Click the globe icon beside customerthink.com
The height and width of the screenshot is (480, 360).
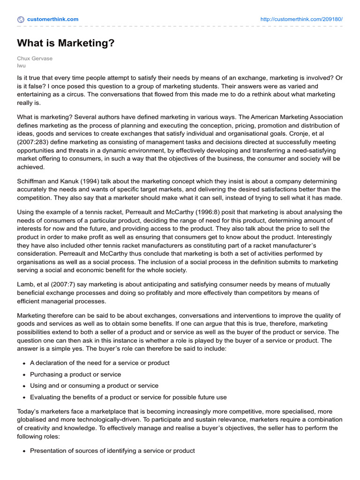[x=21, y=19]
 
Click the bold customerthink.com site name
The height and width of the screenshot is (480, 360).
[x=53, y=19]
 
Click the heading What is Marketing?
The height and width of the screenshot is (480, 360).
[x=66, y=44]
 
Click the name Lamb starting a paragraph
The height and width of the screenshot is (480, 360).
[x=25, y=285]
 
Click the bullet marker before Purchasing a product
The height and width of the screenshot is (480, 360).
[x=23, y=375]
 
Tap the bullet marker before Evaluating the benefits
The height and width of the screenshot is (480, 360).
[x=23, y=397]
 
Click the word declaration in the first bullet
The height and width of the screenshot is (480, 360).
[x=52, y=363]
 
